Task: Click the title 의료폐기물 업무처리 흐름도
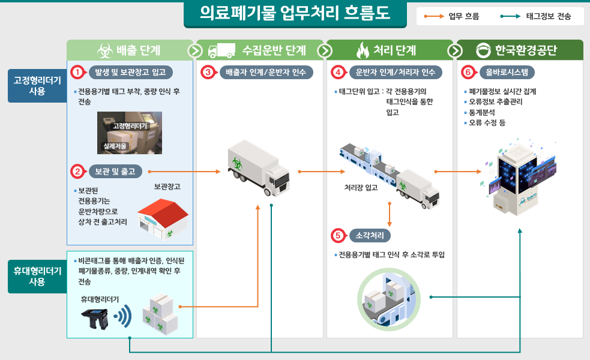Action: pos(295,13)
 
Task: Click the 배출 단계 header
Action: pos(130,50)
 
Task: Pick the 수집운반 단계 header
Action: pos(260,50)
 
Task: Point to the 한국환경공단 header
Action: pos(520,50)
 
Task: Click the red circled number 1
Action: pos(77,72)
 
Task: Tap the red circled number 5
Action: pos(339,235)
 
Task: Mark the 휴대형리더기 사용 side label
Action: pos(37,276)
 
